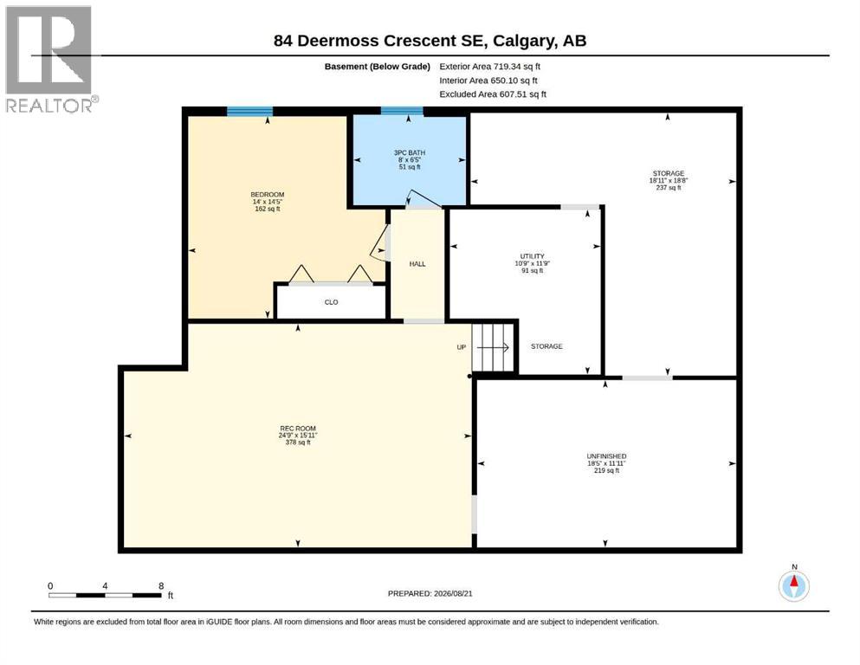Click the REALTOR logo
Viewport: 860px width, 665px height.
[x=51, y=59]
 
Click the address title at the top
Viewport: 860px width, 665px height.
[x=430, y=41]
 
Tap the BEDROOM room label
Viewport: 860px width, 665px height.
[x=267, y=195]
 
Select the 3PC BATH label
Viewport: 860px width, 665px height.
[x=409, y=153]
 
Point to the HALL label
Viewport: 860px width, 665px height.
[x=417, y=264]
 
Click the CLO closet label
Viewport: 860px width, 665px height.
[x=332, y=302]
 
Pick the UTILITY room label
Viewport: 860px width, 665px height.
[x=532, y=256]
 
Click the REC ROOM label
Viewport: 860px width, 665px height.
[x=298, y=429]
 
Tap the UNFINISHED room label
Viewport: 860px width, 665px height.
[x=606, y=456]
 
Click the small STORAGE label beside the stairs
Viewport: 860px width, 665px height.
[x=546, y=346]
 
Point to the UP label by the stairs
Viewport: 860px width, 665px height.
[x=462, y=347]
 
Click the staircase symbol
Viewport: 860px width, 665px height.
[x=492, y=347]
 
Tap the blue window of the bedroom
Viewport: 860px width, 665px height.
[x=249, y=112]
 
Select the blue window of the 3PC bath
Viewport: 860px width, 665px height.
[x=402, y=111]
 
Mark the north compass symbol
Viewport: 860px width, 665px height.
[x=793, y=584]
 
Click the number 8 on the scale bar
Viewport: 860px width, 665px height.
[x=161, y=585]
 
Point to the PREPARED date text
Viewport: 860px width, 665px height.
[x=430, y=593]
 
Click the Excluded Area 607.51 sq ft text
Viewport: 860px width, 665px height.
[x=493, y=94]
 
